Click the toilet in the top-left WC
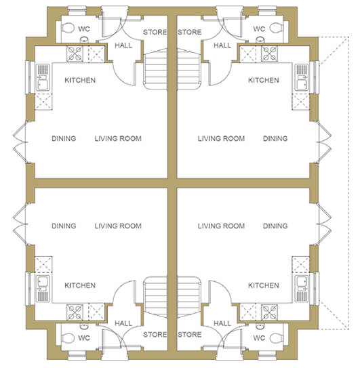67,28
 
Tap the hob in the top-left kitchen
75,54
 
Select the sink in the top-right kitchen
301,77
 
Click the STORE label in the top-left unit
155,32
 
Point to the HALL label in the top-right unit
222,45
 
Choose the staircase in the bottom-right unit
189,298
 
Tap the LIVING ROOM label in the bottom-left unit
118,226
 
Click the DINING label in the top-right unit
275,138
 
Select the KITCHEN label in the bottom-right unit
264,285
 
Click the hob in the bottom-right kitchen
269,312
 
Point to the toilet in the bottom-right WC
275,338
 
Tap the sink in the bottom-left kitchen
43,289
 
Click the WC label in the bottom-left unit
84,338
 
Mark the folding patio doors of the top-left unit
20,142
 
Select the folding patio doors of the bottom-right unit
324,224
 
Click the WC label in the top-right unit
259,29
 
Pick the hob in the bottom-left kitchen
75,312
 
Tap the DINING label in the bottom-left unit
64,226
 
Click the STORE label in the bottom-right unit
190,334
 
